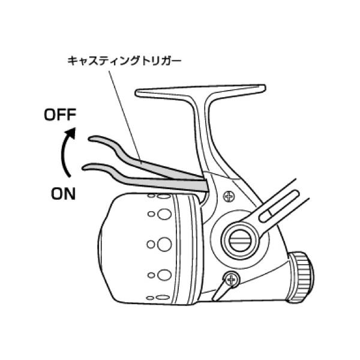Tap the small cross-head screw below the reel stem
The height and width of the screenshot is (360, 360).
(228, 196)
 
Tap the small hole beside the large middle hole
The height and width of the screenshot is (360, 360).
(150, 244)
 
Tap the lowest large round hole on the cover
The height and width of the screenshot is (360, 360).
(162, 275)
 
